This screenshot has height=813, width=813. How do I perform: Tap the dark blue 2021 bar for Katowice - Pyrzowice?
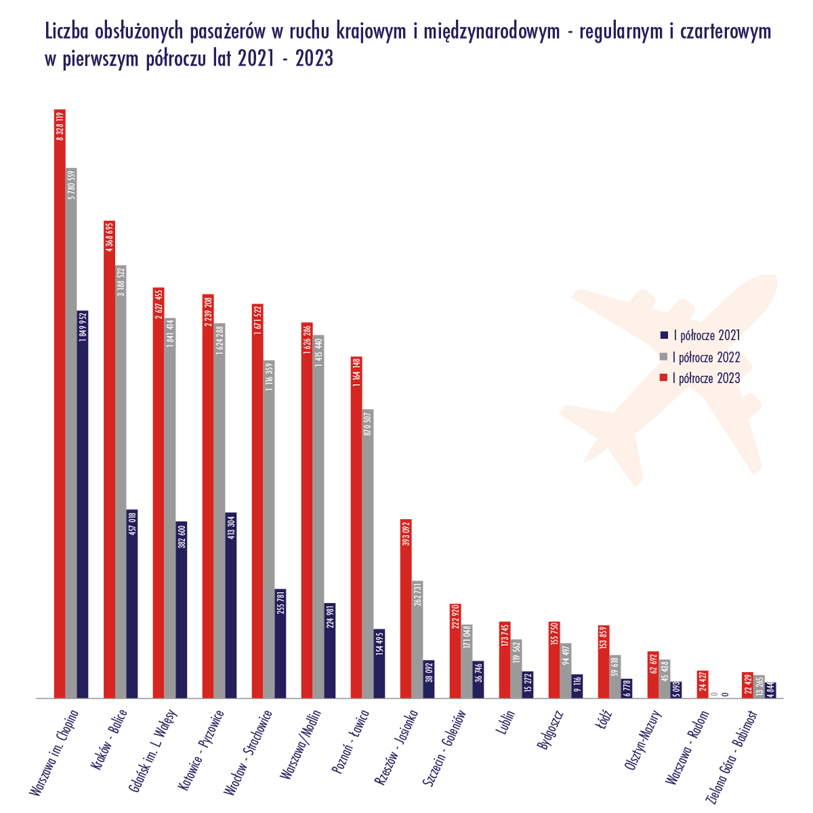tap(231, 610)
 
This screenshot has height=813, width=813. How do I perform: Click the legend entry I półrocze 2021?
tap(705, 335)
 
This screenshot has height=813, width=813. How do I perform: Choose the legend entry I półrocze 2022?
tap(705, 356)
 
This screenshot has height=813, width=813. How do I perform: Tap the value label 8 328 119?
tap(60, 127)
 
